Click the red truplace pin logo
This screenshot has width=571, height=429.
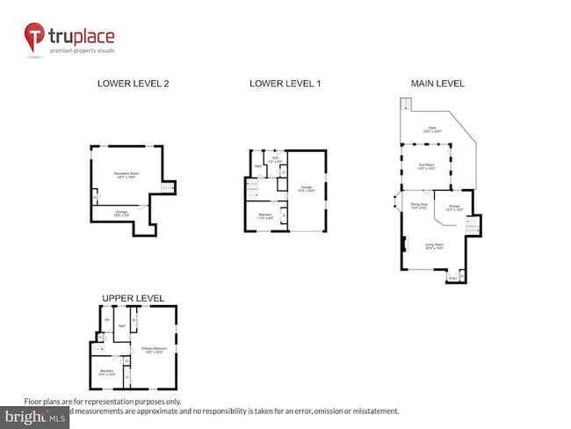pos(36,38)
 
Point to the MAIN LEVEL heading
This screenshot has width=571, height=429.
pos(437,84)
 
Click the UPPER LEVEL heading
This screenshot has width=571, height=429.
pos(133,298)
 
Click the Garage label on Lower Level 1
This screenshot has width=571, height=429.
pos(307,187)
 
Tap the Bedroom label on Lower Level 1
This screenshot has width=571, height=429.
pos(265,215)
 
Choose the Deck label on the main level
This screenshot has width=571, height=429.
pos(431,128)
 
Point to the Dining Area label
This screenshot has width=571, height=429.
pos(419,206)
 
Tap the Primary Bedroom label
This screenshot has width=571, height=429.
pos(155,349)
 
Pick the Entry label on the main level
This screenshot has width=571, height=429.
pos(453,278)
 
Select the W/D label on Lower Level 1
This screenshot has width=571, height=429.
pos(274,160)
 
